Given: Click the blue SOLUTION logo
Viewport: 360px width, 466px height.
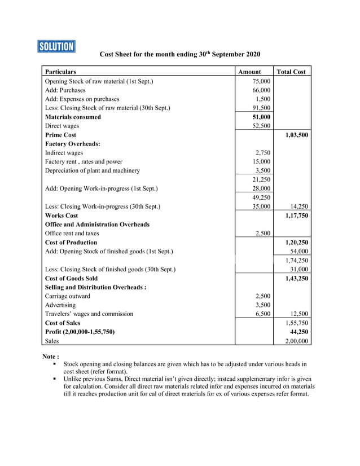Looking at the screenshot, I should (x=56, y=46).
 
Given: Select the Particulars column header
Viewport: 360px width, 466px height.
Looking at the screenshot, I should (x=60, y=72).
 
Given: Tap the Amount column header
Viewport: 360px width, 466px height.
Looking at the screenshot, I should (x=249, y=72).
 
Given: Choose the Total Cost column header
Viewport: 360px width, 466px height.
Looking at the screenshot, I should (x=291, y=72).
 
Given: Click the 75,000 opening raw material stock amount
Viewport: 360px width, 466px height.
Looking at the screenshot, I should (x=261, y=81).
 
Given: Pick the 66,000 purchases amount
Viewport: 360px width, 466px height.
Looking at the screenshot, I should (x=261, y=90).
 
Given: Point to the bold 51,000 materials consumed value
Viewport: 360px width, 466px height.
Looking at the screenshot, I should (x=261, y=117).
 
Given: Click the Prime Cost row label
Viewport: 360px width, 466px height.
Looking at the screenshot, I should (x=60, y=135).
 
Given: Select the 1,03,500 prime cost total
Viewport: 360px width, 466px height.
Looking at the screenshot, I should (x=295, y=135).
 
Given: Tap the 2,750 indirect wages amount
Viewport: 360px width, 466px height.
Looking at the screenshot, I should (x=263, y=153).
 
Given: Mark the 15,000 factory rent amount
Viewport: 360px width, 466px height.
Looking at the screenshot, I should (x=261, y=162).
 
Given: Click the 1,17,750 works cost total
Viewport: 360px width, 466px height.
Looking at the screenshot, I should (x=295, y=216).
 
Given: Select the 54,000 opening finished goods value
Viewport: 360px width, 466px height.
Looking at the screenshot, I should (x=298, y=251).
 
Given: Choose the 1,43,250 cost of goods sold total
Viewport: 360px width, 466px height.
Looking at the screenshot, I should (x=295, y=278).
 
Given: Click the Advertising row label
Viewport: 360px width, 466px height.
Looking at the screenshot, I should (x=60, y=305).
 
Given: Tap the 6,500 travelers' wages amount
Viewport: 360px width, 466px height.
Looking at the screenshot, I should (x=263, y=314).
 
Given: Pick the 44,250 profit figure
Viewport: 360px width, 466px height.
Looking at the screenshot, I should (x=298, y=332).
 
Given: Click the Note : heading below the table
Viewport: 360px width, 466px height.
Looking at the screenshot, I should (x=51, y=357).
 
